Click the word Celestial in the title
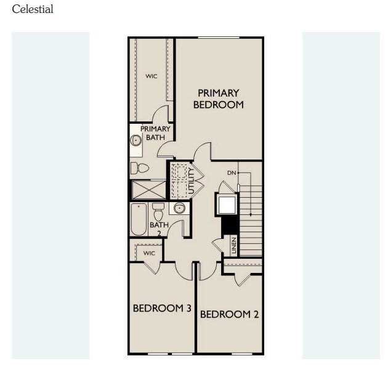pyautogui.click(x=33, y=9)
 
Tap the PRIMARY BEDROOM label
pyautogui.click(x=218, y=99)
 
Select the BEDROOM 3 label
pyautogui.click(x=162, y=308)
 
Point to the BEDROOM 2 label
pyautogui.click(x=229, y=314)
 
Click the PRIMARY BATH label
pyautogui.click(x=155, y=133)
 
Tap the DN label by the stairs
pyautogui.click(x=232, y=173)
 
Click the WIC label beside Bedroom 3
pyautogui.click(x=149, y=253)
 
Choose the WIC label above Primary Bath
pyautogui.click(x=152, y=76)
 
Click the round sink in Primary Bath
pyautogui.click(x=136, y=140)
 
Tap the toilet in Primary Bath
pyautogui.click(x=141, y=168)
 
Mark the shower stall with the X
pyautogui.click(x=148, y=190)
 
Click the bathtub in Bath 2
pyautogui.click(x=139, y=220)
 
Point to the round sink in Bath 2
pyautogui.click(x=179, y=209)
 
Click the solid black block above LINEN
pyautogui.click(x=229, y=225)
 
